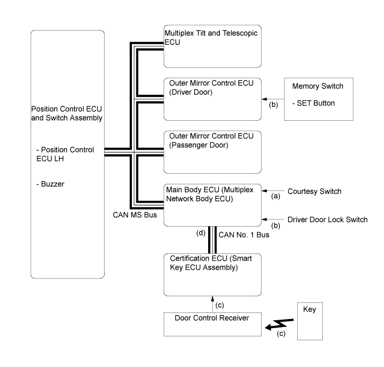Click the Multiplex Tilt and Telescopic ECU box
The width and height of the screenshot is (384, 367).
pos(213,46)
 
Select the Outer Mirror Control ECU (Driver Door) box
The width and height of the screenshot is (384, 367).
pos(213,99)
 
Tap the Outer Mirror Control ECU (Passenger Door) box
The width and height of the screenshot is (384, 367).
pos(213,151)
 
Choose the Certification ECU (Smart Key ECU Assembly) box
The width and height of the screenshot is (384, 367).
pos(213,274)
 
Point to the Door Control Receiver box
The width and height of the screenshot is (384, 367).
pos(213,324)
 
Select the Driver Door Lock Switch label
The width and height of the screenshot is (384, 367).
pos(327,219)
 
